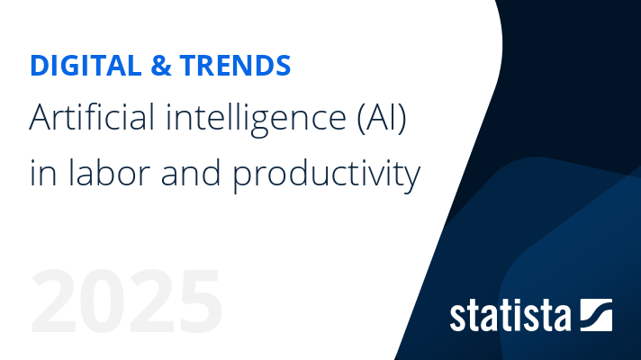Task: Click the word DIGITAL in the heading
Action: point(86,66)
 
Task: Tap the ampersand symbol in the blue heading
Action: point(161,66)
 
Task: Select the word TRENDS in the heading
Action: point(236,66)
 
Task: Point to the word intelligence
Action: point(257,119)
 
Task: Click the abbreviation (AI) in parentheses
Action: point(382,118)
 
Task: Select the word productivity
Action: point(327,175)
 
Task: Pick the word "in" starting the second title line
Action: point(43,174)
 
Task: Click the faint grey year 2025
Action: point(127,301)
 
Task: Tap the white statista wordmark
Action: point(510,316)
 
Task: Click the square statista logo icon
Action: point(597,315)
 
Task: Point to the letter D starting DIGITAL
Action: point(40,66)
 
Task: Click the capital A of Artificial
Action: point(41,117)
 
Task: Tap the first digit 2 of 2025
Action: point(53,301)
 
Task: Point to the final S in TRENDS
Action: point(282,66)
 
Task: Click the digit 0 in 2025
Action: point(103,301)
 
